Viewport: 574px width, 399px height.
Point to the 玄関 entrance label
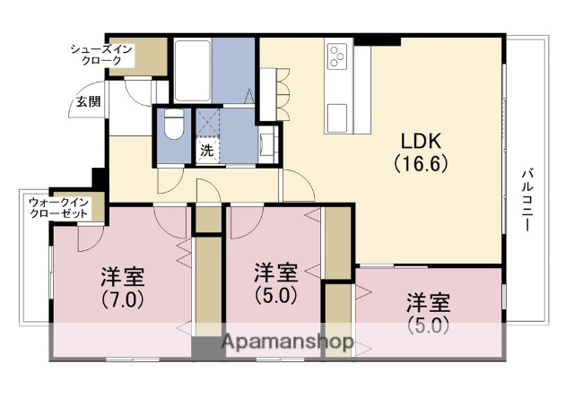pyautogui.click(x=87, y=100)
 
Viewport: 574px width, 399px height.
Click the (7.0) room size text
pyautogui.click(x=122, y=299)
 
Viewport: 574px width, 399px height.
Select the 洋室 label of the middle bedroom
pyautogui.click(x=274, y=271)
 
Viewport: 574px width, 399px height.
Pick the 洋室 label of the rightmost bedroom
pyautogui.click(x=428, y=301)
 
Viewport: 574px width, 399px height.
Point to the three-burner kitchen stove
pyautogui.click(x=339, y=56)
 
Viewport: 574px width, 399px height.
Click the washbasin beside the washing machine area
pyautogui.click(x=267, y=140)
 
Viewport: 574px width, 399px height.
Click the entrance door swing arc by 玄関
pyautogui.click(x=139, y=91)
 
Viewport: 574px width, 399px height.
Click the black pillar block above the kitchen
pyautogui.click(x=378, y=39)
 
